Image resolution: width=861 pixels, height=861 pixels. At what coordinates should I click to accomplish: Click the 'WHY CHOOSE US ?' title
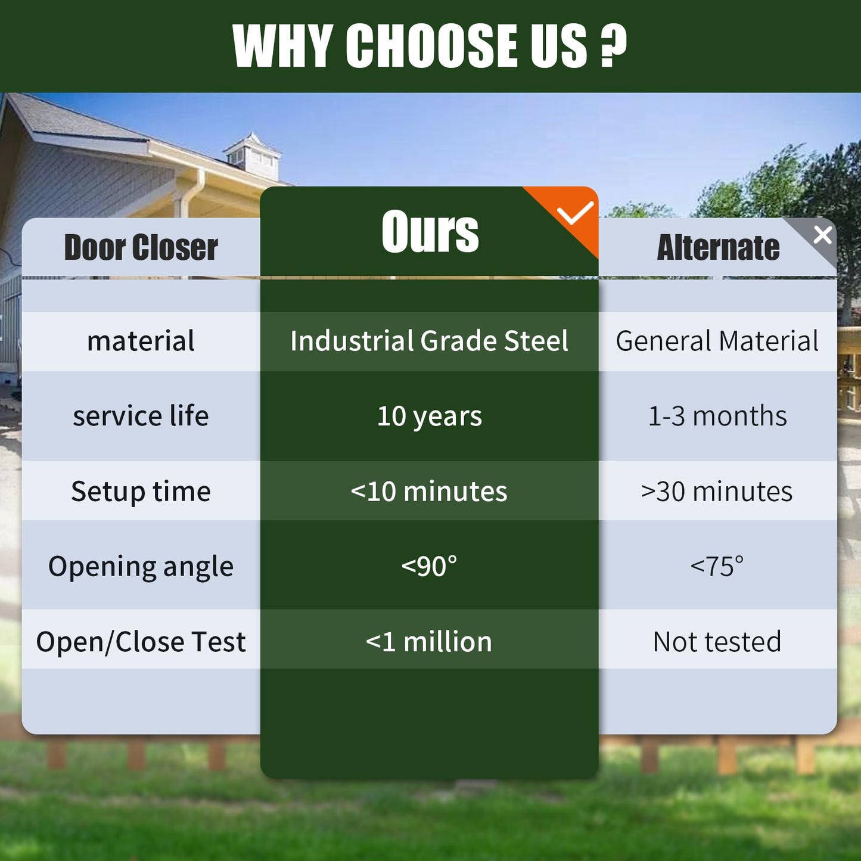430,45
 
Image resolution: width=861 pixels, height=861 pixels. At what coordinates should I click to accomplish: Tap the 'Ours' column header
430,231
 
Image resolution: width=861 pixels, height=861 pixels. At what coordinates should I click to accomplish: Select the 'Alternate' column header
718,247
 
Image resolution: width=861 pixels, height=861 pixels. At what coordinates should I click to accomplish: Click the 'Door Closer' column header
141,247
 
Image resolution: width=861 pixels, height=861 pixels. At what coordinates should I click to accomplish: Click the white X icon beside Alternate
823,235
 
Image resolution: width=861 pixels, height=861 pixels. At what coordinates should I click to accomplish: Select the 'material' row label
141,341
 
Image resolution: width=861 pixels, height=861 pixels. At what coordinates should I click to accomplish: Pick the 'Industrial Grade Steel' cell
429,341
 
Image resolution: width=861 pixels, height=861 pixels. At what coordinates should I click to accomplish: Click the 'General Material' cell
717,341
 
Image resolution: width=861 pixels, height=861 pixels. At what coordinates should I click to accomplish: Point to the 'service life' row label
141,416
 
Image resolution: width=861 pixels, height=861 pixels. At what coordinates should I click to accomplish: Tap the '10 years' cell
430,417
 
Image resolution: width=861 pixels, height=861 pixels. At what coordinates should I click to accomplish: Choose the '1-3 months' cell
717,416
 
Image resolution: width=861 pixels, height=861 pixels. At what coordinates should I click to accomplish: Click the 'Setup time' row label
141,492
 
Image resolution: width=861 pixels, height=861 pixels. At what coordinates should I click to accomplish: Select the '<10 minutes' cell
429,491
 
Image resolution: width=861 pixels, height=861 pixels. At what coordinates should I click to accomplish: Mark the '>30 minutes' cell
717,491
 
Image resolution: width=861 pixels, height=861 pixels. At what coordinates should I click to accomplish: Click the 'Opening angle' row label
141,567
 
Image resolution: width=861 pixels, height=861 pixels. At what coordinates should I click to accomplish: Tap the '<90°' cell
429,566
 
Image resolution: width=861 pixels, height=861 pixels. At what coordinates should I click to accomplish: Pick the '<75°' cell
717,566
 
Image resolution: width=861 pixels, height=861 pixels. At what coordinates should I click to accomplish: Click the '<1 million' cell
429,642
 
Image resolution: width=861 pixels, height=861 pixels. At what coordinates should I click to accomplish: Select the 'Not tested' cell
717,642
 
